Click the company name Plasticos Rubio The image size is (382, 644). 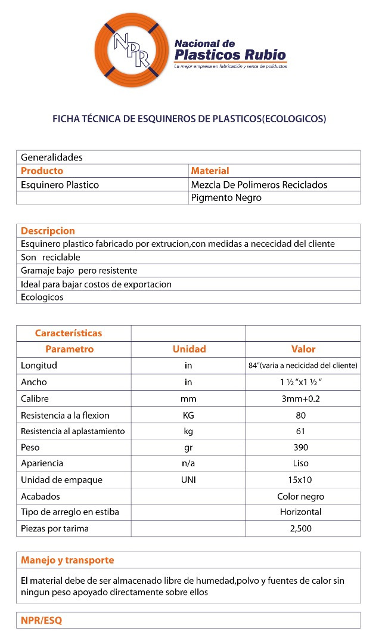pos(230,55)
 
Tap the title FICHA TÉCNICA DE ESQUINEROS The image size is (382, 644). pos(190,119)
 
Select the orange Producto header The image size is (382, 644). pos(42,171)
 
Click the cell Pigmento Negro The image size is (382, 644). pos(226,198)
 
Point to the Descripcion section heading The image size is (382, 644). pos(48,231)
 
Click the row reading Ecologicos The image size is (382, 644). pos(42,297)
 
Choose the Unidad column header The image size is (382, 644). pos(189,349)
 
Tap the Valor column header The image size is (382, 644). pos(303,349)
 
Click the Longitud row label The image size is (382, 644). pos(39,366)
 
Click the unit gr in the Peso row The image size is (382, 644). pos(188,447)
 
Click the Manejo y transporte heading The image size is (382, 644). pos(67,561)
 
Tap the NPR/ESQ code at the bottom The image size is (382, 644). pos(41,620)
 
